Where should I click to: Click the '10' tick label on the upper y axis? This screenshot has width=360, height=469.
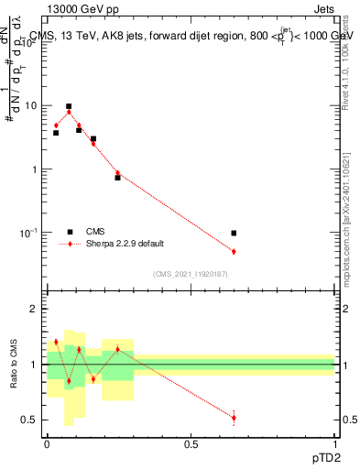click(x=32, y=105)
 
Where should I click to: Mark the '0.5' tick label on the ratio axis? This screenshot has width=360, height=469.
click(x=30, y=420)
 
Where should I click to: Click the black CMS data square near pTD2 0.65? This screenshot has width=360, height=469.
click(x=235, y=234)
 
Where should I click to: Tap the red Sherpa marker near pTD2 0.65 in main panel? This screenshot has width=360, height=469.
click(x=235, y=251)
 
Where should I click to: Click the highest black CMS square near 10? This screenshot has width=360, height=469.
click(x=69, y=106)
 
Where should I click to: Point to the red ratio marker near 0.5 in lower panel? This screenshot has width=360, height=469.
click(x=235, y=418)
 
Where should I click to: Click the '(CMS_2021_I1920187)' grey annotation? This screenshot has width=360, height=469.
click(x=190, y=273)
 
